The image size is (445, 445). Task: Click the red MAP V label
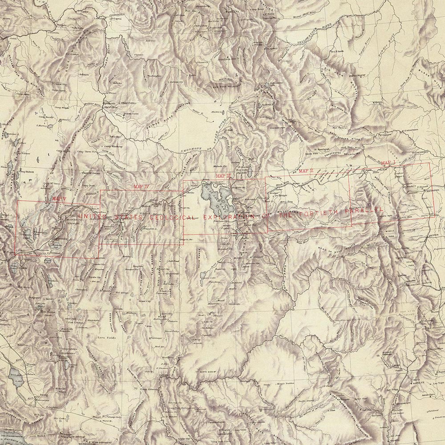(59, 198)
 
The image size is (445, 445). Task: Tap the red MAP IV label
(141, 186)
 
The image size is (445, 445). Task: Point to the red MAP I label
(388, 163)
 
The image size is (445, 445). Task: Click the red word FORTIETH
(314, 214)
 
